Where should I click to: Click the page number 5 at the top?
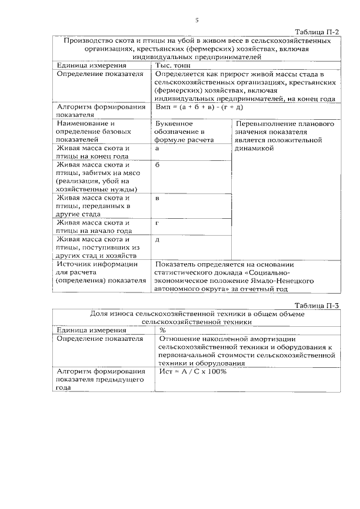coord(197,21)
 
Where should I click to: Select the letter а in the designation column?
coord(157,148)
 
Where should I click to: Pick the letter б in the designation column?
coord(157,165)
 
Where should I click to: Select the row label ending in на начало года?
coord(94,226)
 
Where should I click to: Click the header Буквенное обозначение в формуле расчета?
coord(183,132)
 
